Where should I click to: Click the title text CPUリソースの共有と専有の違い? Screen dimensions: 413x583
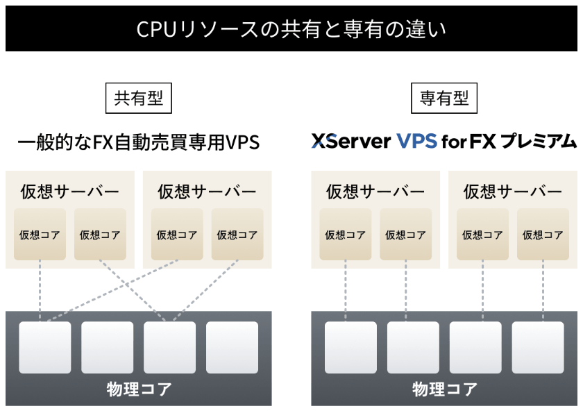click(x=291, y=29)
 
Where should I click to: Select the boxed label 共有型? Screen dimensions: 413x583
click(x=138, y=98)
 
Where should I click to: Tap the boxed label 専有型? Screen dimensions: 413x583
click(x=444, y=98)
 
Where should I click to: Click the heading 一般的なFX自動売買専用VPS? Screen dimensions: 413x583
click(x=138, y=142)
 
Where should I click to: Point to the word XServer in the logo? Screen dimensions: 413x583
click(x=351, y=142)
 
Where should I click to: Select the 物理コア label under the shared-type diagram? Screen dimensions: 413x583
click(x=139, y=388)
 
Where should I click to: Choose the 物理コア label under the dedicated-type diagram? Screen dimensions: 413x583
click(x=444, y=388)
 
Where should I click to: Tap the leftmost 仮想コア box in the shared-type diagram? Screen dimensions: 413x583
click(x=40, y=235)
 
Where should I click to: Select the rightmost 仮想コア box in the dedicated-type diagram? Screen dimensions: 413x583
click(x=543, y=235)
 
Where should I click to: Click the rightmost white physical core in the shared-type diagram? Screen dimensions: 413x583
click(x=232, y=347)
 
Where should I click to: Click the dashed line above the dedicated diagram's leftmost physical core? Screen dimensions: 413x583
click(x=346, y=292)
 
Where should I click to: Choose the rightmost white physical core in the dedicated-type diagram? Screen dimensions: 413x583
click(x=538, y=347)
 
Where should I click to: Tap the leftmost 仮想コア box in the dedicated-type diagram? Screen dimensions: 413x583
click(x=345, y=235)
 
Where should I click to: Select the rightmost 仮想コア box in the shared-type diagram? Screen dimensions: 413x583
click(x=237, y=235)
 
